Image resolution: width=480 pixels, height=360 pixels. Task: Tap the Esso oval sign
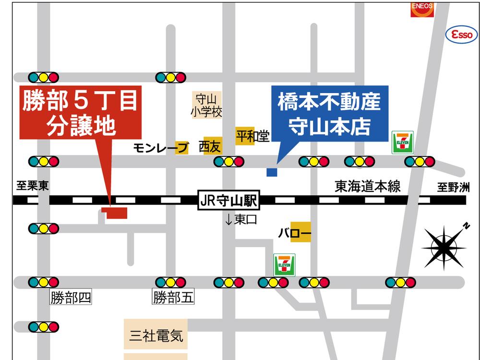point(462,35)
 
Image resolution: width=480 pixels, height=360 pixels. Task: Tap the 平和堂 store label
point(252,136)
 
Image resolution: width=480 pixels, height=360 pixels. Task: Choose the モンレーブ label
point(160,148)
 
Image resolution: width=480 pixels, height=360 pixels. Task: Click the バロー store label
point(295,234)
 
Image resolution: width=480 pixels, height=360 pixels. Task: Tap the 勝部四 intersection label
point(71,298)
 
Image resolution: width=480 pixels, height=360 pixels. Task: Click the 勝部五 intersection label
point(173,298)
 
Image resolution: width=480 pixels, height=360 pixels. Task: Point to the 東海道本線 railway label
point(368,186)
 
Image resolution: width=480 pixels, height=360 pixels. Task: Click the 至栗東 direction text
point(32,186)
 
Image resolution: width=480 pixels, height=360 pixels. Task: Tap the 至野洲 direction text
point(453,188)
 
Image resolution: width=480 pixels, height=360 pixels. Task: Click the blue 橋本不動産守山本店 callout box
point(329,114)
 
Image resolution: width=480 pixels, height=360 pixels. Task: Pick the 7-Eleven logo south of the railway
point(284,264)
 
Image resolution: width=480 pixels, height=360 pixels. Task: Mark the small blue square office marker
point(272,171)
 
